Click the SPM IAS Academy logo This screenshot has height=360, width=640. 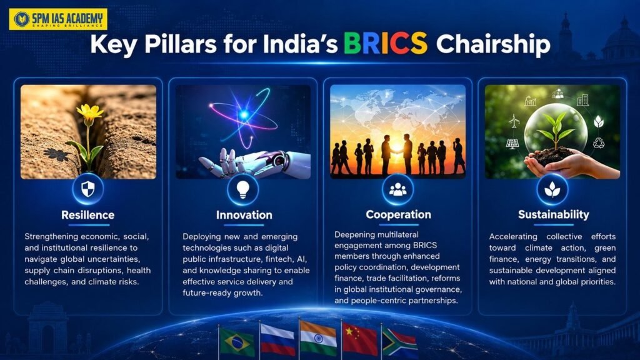click(x=58, y=19)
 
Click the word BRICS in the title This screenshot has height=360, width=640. click(x=385, y=43)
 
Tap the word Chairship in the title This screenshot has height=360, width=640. click(x=493, y=44)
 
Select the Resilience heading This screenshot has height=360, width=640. click(x=87, y=215)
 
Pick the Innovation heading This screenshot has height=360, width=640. click(x=244, y=215)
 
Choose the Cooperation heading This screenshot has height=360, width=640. click(x=398, y=214)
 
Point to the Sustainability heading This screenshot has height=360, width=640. click(x=554, y=214)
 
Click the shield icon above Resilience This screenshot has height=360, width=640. click(x=87, y=189)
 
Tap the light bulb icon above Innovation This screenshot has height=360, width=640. click(x=243, y=189)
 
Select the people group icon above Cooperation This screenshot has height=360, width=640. click(x=397, y=189)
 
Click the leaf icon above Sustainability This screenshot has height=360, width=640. click(x=552, y=189)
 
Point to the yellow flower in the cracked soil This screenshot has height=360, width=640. click(x=89, y=111)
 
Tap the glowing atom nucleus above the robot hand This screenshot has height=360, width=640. click(x=244, y=115)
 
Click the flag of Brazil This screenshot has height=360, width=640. click(x=237, y=342)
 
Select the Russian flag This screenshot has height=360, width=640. click(x=277, y=339)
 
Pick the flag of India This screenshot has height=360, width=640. click(x=318, y=337)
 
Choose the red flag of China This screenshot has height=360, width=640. click(x=359, y=338)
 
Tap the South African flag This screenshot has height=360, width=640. click(x=399, y=342)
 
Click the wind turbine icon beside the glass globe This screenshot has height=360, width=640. click(x=514, y=121)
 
